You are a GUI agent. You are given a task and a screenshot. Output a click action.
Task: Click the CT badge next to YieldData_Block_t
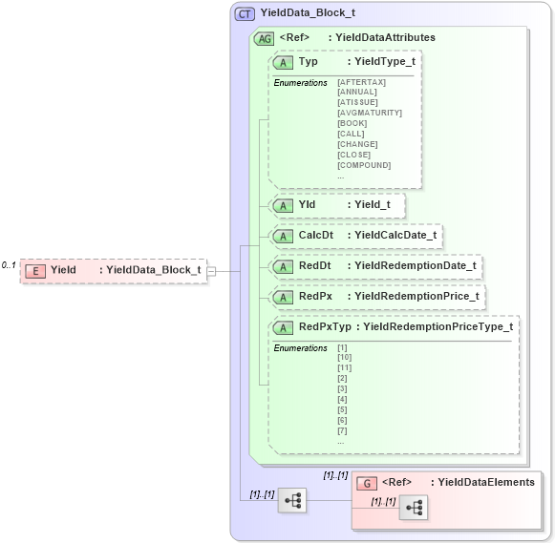coord(245,13)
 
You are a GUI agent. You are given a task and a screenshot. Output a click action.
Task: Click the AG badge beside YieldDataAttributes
coord(264,38)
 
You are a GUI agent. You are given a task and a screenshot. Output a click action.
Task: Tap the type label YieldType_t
coord(385,62)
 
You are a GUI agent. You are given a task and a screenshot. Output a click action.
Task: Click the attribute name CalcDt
coord(316,236)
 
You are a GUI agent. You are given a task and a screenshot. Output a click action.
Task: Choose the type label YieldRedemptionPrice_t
coord(416,297)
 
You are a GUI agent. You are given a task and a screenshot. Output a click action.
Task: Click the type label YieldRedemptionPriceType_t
coord(438,327)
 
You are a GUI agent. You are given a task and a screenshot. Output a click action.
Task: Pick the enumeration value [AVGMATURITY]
coord(369,114)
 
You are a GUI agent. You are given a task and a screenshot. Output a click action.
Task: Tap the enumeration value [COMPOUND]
coord(364,165)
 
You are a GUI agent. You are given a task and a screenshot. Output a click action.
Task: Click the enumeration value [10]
coord(345,358)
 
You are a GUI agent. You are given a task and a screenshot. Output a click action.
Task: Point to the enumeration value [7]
coord(343,430)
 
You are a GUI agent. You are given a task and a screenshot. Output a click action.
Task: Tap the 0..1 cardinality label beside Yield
coord(9,265)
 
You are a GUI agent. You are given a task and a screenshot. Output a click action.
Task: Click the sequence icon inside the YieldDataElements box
coord(416,509)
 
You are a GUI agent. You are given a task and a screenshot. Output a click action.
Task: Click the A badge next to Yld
coord(284,205)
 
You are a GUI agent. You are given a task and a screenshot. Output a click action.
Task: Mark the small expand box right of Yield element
coord(211,271)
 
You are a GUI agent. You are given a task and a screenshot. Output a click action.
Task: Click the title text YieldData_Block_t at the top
coord(308,13)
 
